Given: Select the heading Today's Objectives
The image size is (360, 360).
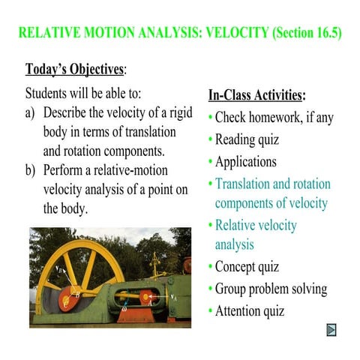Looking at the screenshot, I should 74,70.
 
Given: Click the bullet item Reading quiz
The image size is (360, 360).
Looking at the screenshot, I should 247,139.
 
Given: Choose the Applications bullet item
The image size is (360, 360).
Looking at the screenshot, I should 245,161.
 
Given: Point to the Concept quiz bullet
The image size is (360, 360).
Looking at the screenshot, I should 247,267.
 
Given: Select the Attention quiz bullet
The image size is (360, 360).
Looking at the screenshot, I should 250,311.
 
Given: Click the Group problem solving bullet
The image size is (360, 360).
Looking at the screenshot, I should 271,289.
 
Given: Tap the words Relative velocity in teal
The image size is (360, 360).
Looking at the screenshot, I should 256,225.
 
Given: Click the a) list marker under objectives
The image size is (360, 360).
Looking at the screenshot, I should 31,113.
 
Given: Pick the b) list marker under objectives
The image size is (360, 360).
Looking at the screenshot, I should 31,170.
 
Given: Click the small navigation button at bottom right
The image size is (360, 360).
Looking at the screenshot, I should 331,330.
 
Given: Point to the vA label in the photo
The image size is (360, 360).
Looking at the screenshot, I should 175,296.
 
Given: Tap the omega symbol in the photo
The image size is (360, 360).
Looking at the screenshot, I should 124,307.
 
